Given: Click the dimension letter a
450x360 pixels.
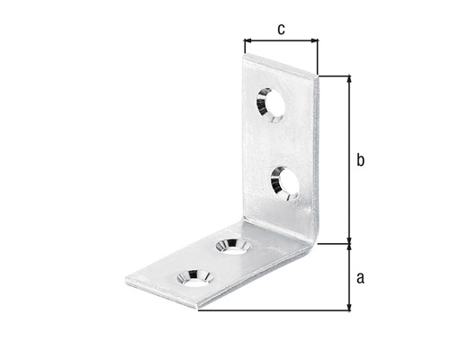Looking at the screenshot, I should [360, 277].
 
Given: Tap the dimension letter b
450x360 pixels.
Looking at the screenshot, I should [360, 160].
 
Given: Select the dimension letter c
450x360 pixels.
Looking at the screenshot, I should [281, 29].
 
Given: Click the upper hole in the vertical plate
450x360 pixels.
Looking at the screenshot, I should [270, 104].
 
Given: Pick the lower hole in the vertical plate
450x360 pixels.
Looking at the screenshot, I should [285, 181].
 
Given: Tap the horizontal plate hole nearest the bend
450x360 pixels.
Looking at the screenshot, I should [232, 245].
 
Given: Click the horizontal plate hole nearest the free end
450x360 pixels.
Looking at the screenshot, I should [193, 276].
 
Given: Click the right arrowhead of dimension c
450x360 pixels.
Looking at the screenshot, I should [314, 40].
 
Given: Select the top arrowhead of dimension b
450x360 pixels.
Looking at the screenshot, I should [349, 80].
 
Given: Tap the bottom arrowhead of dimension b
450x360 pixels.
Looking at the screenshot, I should [349, 238].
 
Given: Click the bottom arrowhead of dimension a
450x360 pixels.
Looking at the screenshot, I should [349, 307].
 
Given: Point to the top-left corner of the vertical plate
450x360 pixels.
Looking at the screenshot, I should [246, 54].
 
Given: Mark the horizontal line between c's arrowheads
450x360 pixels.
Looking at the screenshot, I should [281, 40].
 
